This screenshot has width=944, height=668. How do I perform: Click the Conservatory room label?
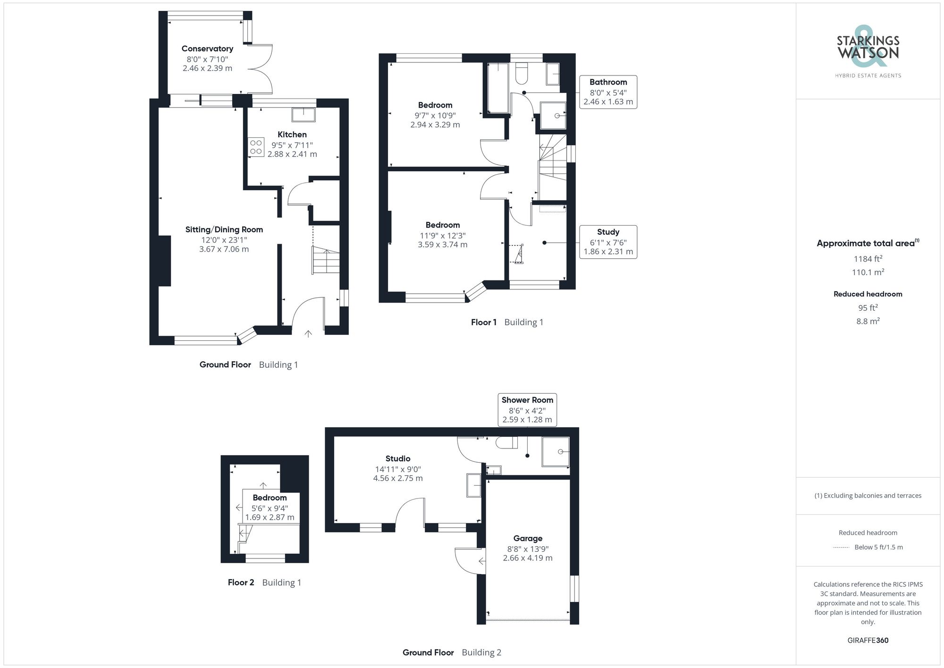(x=207, y=49)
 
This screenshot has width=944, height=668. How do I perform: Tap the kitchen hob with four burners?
(x=256, y=147)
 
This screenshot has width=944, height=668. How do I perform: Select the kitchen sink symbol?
(x=303, y=115)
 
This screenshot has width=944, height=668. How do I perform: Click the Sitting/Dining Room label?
(x=224, y=229)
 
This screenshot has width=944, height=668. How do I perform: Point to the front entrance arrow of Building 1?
(x=308, y=334)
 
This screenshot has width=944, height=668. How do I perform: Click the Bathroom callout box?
(x=608, y=92)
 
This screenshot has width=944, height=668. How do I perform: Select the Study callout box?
(x=608, y=242)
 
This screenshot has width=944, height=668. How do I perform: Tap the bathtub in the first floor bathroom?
(x=498, y=88)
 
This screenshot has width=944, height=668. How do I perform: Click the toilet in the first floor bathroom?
(x=522, y=73)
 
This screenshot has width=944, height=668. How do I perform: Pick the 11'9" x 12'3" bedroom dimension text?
(x=442, y=235)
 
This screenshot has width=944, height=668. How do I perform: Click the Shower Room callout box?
(x=527, y=410)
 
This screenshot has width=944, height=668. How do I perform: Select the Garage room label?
(x=528, y=538)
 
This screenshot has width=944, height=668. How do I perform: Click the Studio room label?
(x=398, y=458)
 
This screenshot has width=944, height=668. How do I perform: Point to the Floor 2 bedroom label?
(x=270, y=498)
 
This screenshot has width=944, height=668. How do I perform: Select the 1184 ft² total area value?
(x=868, y=259)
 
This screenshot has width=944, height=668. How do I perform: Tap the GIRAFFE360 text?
(x=868, y=640)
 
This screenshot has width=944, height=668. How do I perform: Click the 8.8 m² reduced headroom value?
(x=868, y=321)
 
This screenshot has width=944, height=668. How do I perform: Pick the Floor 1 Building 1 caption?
(x=507, y=322)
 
